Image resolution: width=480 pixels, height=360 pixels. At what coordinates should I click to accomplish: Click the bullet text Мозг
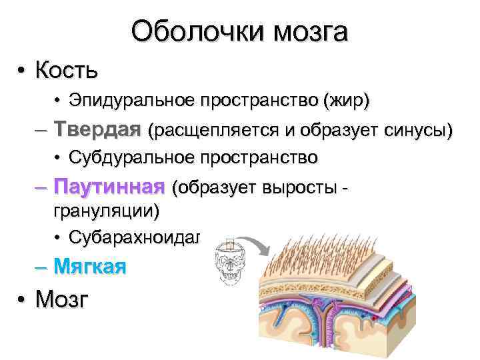point(61,299)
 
